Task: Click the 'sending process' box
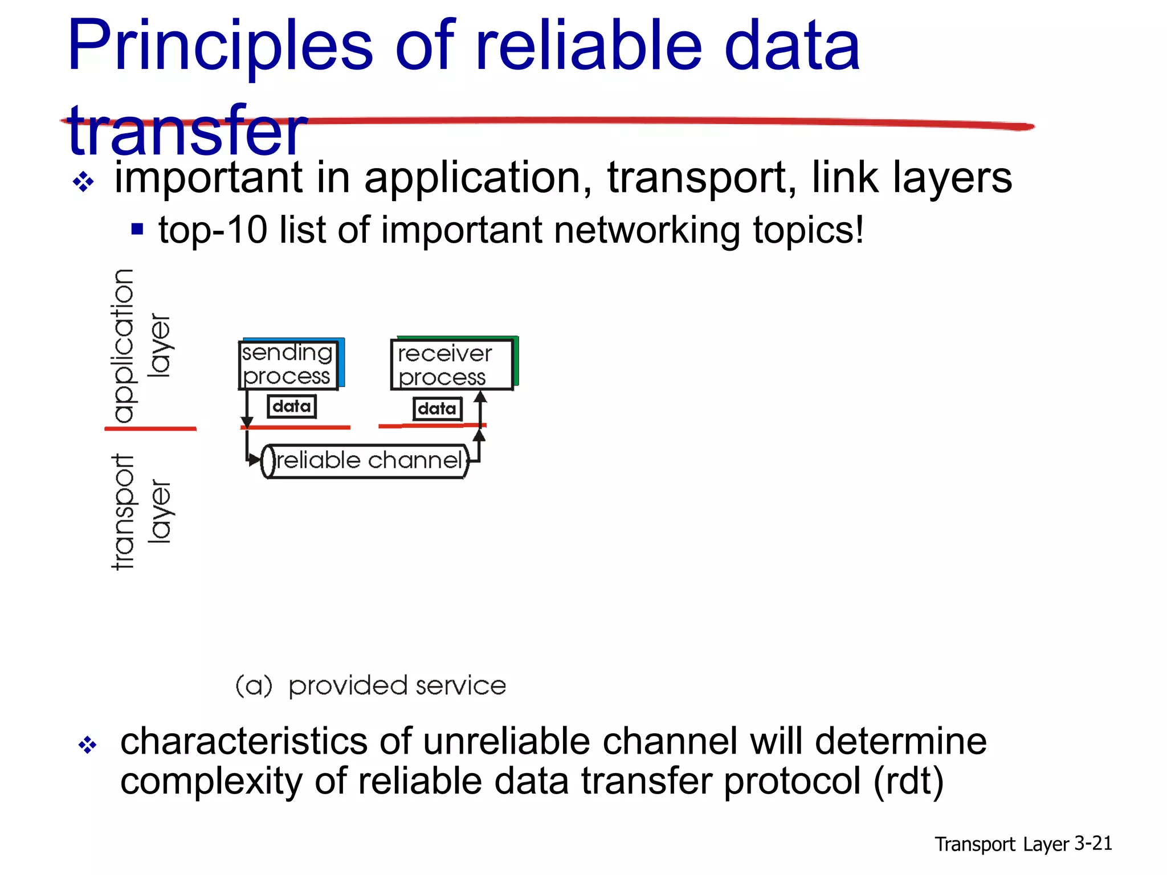(x=288, y=365)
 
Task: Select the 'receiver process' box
(x=451, y=365)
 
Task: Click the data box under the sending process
(x=292, y=407)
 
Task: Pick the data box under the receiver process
(x=437, y=408)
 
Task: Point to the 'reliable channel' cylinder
(x=365, y=461)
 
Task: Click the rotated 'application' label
(x=124, y=346)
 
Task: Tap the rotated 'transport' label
(x=123, y=512)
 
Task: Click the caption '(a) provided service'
(x=371, y=685)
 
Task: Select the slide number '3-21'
(x=1093, y=843)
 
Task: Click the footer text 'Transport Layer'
(x=1001, y=844)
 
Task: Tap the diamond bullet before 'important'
(x=84, y=182)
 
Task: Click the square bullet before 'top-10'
(x=137, y=230)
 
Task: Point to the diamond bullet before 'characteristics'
(x=88, y=745)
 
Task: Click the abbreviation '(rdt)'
(x=908, y=780)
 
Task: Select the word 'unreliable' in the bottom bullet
(x=506, y=741)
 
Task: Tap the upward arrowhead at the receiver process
(x=480, y=396)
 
